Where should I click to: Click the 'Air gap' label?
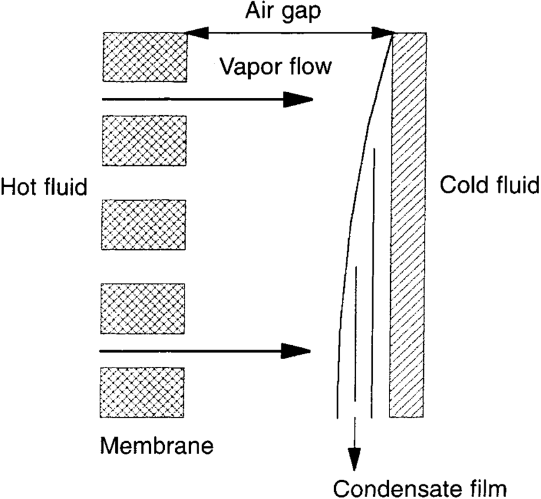click(278, 11)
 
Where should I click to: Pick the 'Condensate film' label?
click(420, 488)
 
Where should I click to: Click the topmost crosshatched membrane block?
click(144, 57)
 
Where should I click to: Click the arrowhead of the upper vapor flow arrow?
click(299, 99)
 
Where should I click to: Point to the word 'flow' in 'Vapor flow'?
click(310, 65)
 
